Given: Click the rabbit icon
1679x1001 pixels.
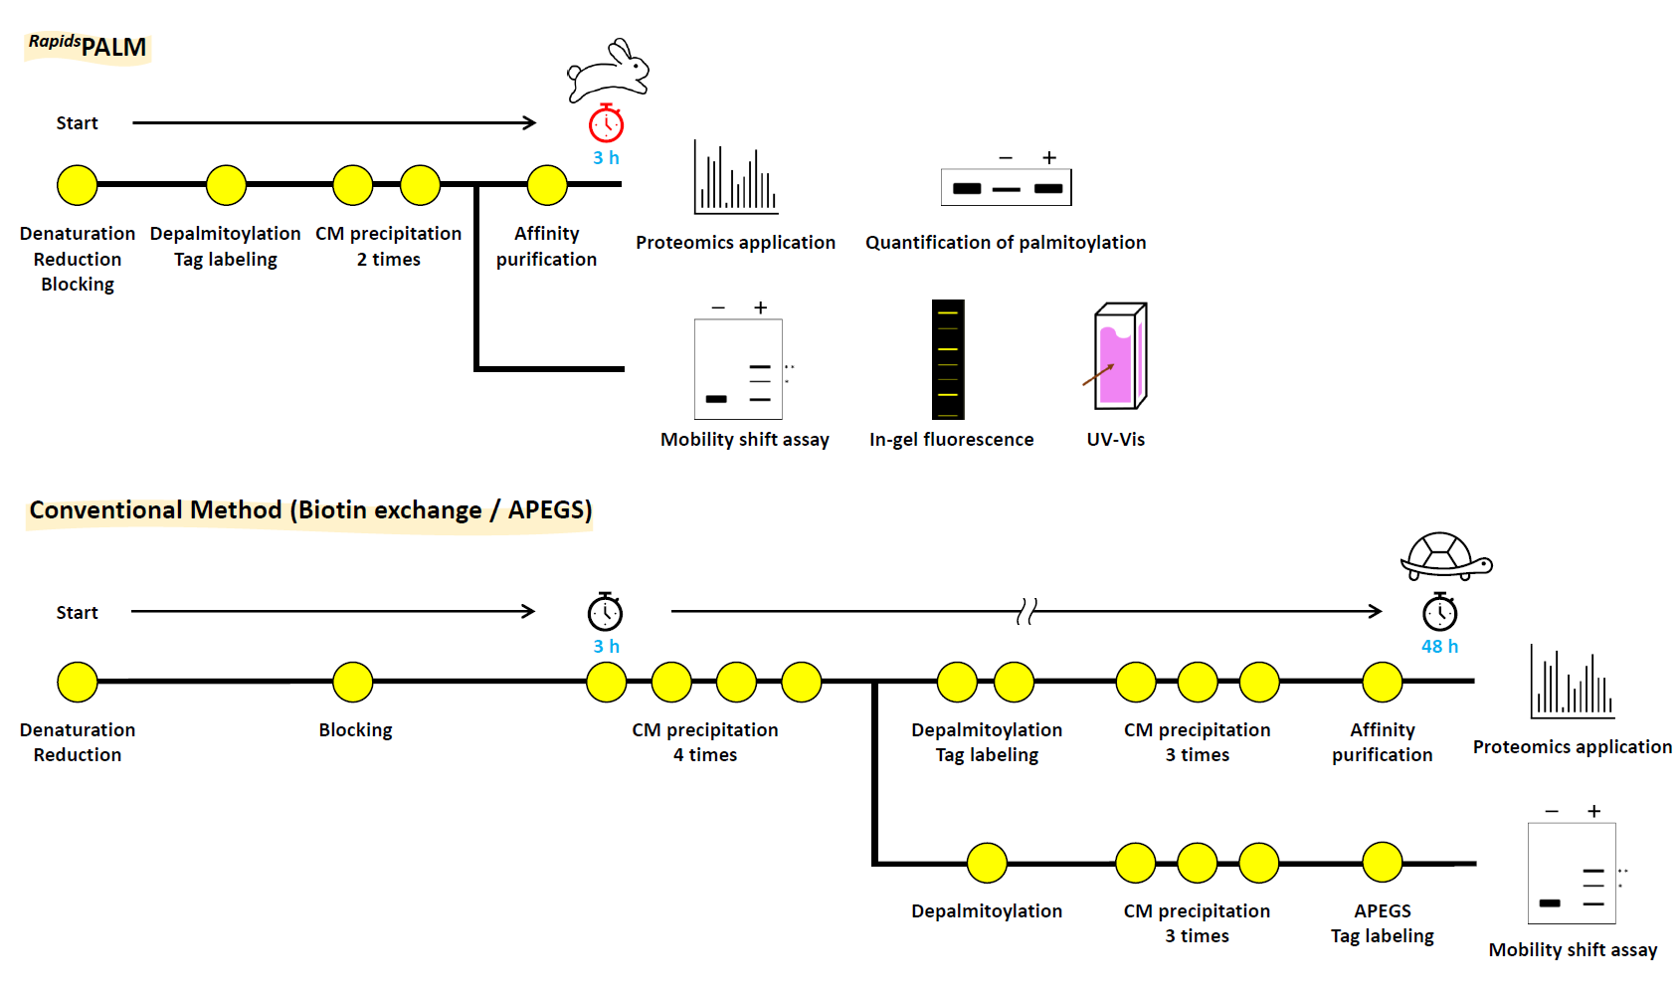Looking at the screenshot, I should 608,71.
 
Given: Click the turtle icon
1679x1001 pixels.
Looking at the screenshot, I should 1445,557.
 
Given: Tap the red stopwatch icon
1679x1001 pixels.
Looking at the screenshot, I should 606,123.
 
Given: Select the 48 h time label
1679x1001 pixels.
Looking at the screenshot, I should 1439,647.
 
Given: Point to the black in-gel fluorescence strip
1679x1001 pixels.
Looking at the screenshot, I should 948,359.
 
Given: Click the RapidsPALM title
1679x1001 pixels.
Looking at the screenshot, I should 88,46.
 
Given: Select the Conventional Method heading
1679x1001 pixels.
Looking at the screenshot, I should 310,510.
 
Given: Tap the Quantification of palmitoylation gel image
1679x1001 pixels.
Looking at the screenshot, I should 1006,187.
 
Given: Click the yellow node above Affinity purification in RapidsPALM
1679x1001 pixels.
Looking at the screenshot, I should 547,185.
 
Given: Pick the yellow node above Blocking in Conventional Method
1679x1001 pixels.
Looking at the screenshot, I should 352,683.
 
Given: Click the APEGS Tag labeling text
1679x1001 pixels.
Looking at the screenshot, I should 1382,923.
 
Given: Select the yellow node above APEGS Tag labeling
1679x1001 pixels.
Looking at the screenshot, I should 1382,863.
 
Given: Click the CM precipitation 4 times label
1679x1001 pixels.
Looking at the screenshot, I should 705,742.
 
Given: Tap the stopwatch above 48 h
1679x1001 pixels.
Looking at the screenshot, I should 1439,612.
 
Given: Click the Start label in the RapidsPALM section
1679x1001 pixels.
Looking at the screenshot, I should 77,123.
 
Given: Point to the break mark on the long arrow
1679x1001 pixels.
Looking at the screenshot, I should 1026,611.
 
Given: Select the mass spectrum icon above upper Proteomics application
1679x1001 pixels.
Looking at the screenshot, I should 735,178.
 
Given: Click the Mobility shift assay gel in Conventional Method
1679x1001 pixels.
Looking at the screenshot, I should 1572,874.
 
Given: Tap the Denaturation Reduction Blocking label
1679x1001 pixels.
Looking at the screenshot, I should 78,259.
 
